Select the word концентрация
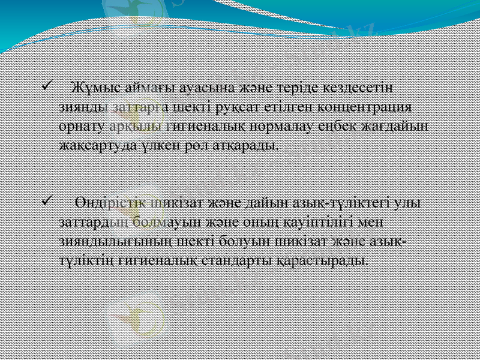[367, 107]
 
